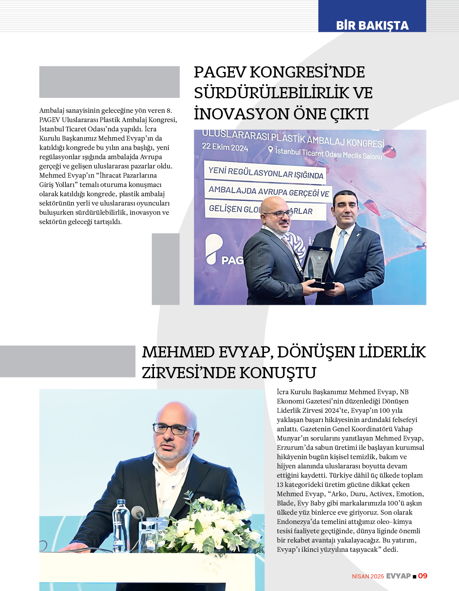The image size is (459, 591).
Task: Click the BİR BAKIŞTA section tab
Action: pos(372,25)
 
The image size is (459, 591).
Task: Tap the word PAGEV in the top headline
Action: pos(219,72)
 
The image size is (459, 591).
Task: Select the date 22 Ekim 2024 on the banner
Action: pos(225,147)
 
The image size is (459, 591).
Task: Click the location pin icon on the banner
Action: pos(271,150)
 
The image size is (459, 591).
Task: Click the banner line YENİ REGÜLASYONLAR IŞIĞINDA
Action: pos(266,173)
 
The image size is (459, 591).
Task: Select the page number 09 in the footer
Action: pos(422,576)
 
